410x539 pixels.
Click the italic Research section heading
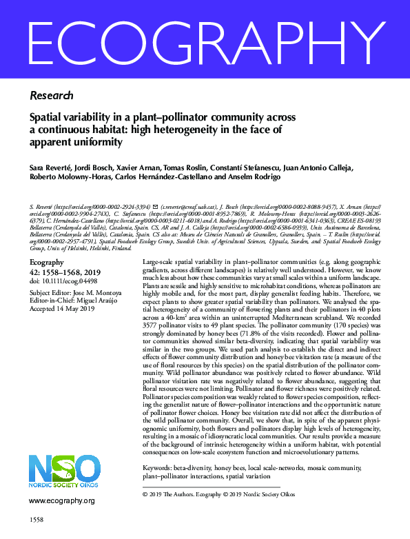(52, 95)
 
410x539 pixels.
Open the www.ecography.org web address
(61, 500)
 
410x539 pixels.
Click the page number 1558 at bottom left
(38, 518)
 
